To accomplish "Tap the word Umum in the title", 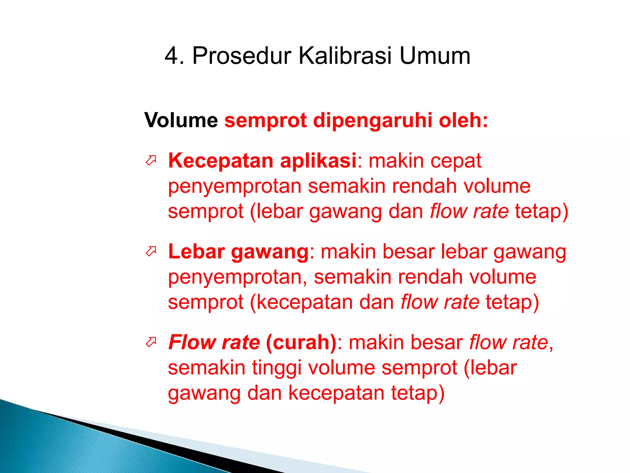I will [435, 56].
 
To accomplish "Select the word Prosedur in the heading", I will [241, 56].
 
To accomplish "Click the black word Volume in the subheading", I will [181, 120].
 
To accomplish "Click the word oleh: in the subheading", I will [463, 120].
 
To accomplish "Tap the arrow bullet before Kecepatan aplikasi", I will [151, 160].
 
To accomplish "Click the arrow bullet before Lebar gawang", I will [151, 251].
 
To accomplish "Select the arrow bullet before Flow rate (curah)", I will [151, 342].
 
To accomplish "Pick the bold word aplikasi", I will [318, 161].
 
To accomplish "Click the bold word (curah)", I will [301, 342].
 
